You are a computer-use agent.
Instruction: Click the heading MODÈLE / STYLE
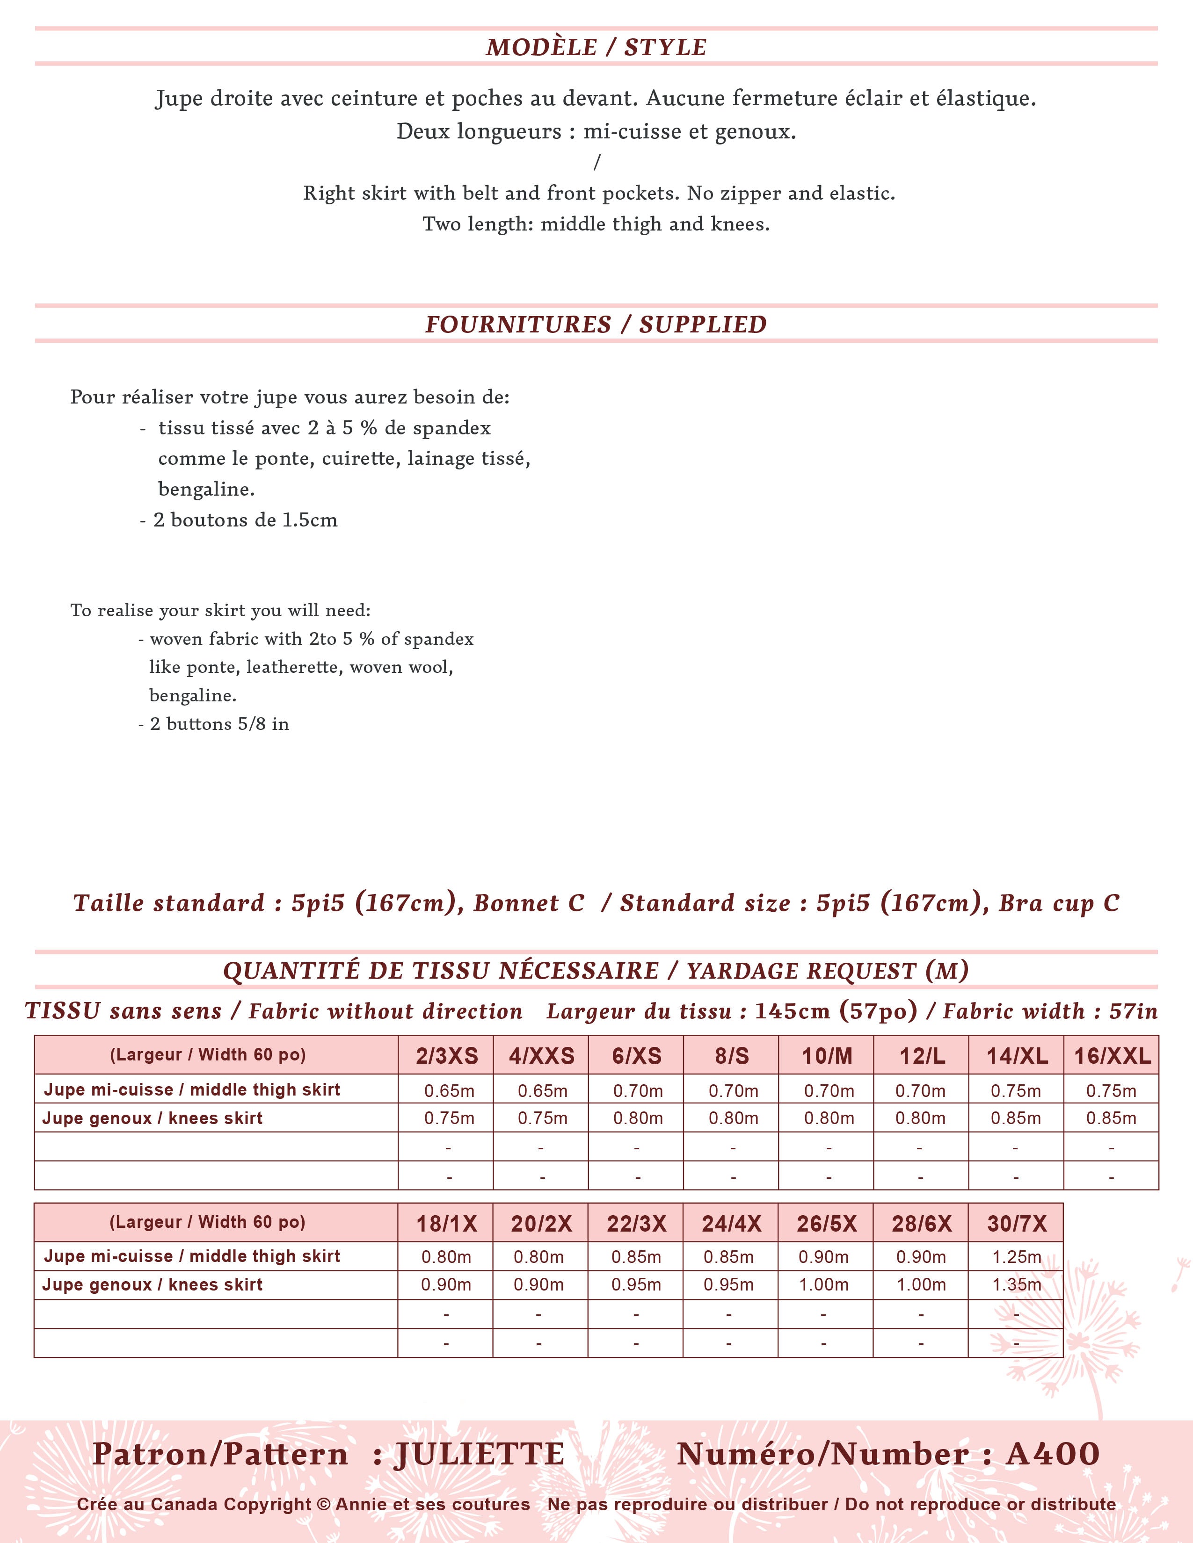(x=596, y=47)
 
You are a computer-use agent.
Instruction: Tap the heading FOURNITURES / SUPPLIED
(x=596, y=324)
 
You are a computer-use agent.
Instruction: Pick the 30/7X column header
(x=1016, y=1223)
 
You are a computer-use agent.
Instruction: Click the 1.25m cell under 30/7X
(x=1016, y=1257)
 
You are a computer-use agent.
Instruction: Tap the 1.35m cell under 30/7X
(x=1016, y=1284)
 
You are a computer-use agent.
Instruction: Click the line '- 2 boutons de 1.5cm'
(x=239, y=520)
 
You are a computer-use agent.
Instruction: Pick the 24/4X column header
(x=731, y=1223)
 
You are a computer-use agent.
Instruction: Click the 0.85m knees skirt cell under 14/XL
(x=1016, y=1118)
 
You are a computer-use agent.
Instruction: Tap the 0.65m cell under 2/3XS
(x=449, y=1091)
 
